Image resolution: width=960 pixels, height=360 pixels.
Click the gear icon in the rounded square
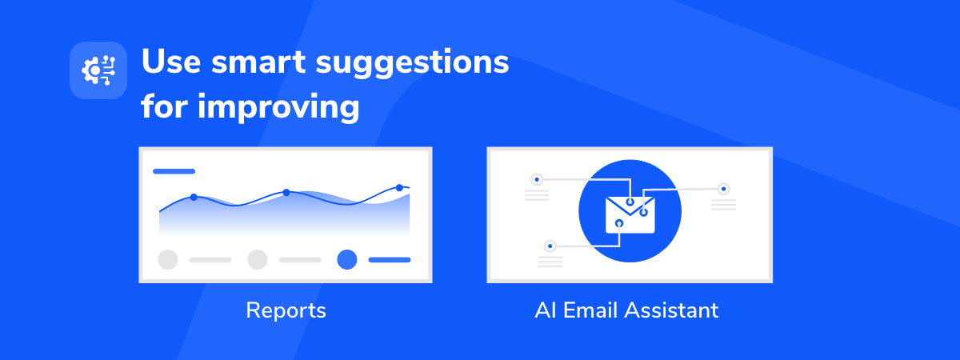(98, 70)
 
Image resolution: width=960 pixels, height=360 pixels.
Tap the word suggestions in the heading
(412, 64)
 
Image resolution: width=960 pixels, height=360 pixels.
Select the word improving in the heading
(278, 108)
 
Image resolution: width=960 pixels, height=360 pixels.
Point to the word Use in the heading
(171, 62)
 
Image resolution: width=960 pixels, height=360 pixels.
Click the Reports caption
(286, 310)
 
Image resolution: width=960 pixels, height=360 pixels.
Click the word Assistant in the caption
(671, 310)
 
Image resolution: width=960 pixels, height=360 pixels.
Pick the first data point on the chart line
(194, 197)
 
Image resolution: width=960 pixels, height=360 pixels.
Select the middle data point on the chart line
(286, 193)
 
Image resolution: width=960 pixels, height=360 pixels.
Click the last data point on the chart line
(399, 188)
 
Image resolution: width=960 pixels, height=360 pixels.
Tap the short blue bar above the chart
(174, 171)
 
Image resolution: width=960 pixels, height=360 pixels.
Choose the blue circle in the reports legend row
(347, 260)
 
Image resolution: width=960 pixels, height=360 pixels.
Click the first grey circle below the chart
(168, 260)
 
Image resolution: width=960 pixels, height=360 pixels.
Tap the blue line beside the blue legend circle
(390, 260)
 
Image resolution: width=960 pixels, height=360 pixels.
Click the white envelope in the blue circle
(630, 215)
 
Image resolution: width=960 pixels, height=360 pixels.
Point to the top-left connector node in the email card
(537, 179)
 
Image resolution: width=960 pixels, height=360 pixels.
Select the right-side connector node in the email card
(724, 189)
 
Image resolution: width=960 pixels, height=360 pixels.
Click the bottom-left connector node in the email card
(550, 246)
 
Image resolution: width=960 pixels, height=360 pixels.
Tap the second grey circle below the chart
(258, 260)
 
